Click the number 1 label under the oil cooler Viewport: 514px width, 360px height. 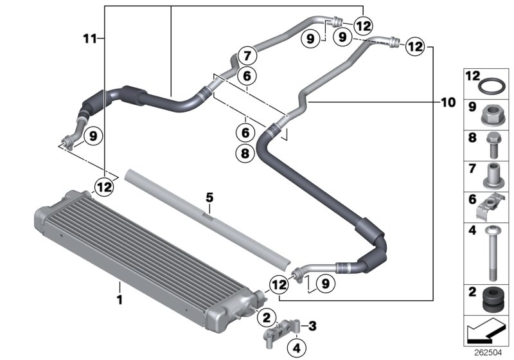coord(118,299)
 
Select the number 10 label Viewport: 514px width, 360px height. coord(448,102)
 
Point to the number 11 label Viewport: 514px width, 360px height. coord(91,39)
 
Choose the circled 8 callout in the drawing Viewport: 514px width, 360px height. coord(245,153)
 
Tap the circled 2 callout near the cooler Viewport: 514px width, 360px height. coord(266,316)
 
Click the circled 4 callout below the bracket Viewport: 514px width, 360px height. coord(296,348)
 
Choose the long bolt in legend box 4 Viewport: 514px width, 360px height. coord(492,254)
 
